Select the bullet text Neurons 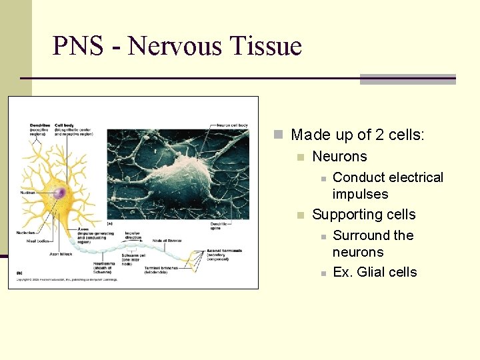(x=339, y=157)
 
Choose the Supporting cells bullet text (x=363, y=215)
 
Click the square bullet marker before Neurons (x=301, y=157)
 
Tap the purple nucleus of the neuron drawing (x=60, y=193)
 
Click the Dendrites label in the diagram (x=39, y=125)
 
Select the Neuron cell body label (x=232, y=125)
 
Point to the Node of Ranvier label (x=167, y=239)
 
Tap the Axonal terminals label (x=224, y=251)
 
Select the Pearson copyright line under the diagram (x=67, y=279)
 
